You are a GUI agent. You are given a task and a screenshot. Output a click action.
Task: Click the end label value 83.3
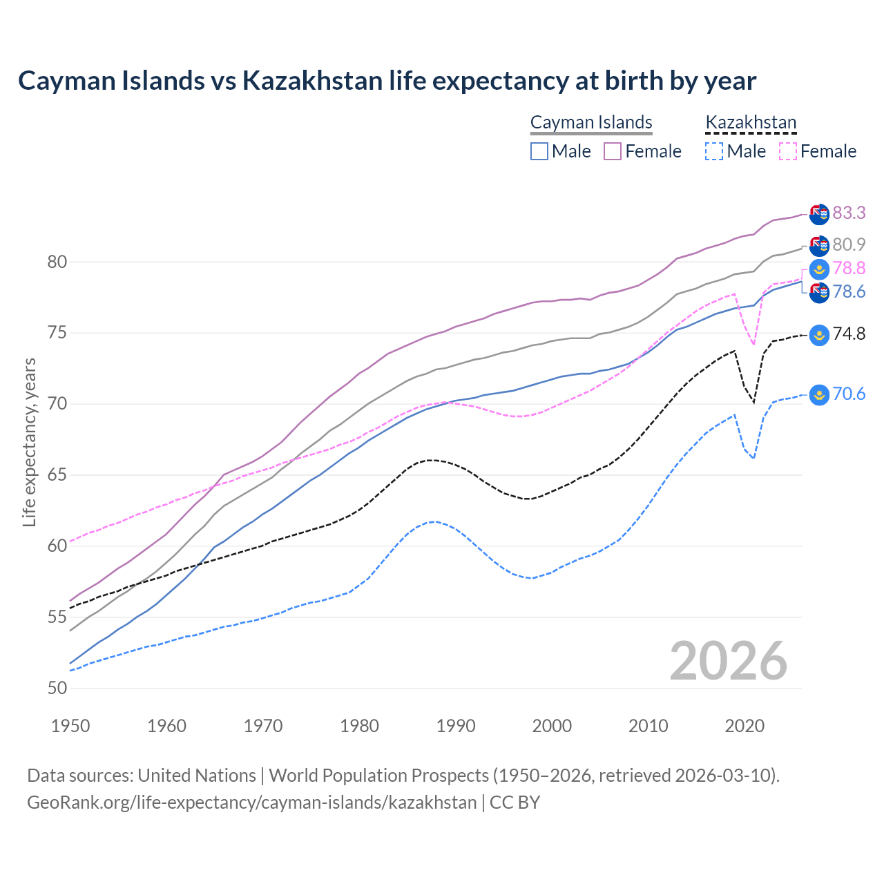849,213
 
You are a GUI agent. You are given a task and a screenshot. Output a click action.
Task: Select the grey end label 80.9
849,244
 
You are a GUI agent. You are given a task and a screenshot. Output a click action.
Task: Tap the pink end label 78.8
849,268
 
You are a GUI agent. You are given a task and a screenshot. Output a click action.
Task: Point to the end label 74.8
849,334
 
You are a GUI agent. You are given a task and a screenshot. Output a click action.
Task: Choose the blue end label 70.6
849,394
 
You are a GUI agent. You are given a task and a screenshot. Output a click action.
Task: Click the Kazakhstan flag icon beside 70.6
819,394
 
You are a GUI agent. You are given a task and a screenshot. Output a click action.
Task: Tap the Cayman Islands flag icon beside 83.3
819,214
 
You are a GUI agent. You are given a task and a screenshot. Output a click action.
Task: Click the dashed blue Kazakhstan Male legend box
714,151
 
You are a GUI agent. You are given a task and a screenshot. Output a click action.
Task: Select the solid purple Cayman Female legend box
613,151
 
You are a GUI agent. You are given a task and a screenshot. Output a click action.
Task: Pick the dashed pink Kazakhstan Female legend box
787,151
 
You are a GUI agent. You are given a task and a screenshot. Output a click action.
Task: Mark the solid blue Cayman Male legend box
539,151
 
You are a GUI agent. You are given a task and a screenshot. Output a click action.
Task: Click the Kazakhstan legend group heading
751,123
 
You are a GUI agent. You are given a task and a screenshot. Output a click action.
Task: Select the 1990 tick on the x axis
456,726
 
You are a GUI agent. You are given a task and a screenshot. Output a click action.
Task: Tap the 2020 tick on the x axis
745,726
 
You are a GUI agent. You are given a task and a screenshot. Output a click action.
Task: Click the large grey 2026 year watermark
729,661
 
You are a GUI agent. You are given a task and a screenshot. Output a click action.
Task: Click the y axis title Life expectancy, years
29,442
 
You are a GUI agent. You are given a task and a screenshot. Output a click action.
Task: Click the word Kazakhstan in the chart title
312,81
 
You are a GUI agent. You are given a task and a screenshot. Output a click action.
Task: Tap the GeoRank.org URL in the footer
251,803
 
